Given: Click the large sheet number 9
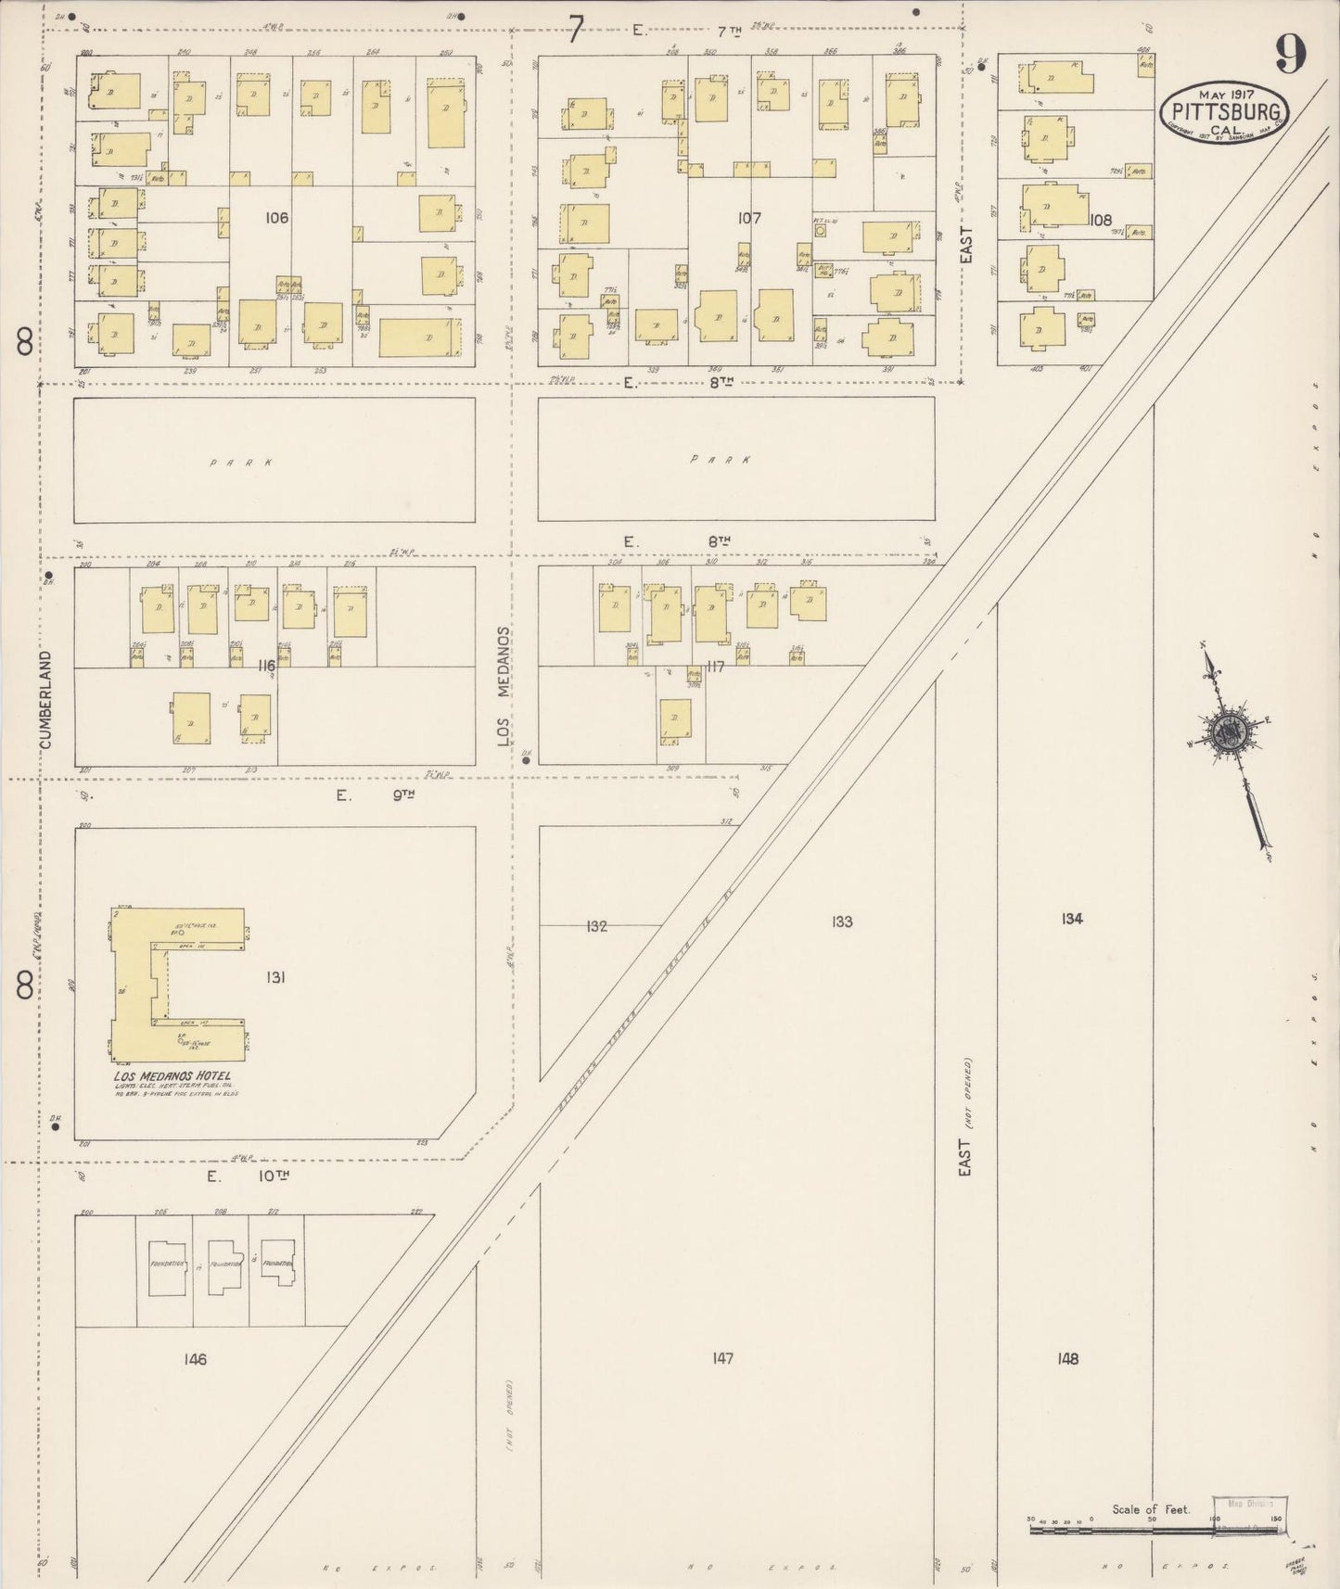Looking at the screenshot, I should coord(1290,54).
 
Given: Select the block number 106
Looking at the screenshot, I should coord(276,218).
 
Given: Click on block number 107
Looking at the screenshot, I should coord(749,218).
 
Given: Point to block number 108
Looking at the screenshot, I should coord(1101,220).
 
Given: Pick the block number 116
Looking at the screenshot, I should coord(267,666).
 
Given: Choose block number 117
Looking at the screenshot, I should coord(714,666).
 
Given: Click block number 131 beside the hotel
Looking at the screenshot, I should coord(274,976).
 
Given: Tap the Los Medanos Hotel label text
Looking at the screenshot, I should coord(172,1076).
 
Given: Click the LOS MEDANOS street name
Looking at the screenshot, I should coord(504,686).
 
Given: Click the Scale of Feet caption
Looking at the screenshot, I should coord(1151,1509).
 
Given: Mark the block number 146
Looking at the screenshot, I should coord(195,1359).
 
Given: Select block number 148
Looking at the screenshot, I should coord(1067,1358).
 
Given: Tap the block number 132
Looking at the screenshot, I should coord(596,925).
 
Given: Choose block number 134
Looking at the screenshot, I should coord(1072,918).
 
